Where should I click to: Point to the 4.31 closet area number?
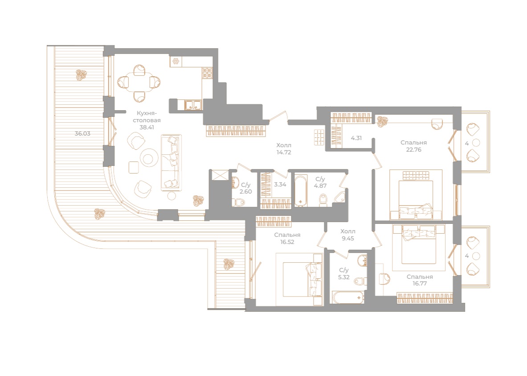(x=356, y=138)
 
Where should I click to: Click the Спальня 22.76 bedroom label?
(x=413, y=146)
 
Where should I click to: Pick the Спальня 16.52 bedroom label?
(x=287, y=238)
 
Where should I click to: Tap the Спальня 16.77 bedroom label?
(x=420, y=280)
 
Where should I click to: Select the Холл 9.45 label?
(x=348, y=235)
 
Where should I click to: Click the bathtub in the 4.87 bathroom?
(x=300, y=190)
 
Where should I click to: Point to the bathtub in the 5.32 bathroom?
(x=347, y=297)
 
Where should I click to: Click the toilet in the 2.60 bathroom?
(x=240, y=203)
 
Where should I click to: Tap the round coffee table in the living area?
(x=148, y=157)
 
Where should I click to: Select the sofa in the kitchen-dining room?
(x=172, y=162)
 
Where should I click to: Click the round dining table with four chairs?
(x=139, y=82)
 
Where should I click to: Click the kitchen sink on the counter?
(x=193, y=105)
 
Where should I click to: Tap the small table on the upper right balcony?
(x=476, y=143)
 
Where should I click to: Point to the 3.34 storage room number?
(x=279, y=185)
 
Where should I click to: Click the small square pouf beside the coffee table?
(x=133, y=167)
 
